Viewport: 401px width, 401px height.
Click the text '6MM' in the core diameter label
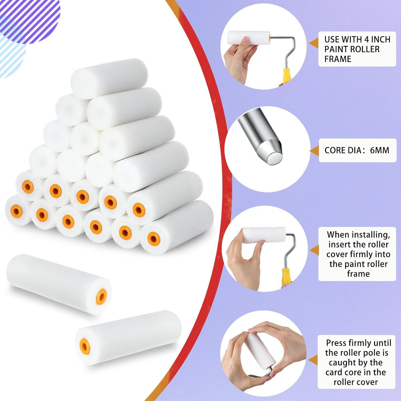click(380, 150)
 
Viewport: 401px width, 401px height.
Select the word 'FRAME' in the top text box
click(338, 59)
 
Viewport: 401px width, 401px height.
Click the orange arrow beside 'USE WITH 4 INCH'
click(313, 43)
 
